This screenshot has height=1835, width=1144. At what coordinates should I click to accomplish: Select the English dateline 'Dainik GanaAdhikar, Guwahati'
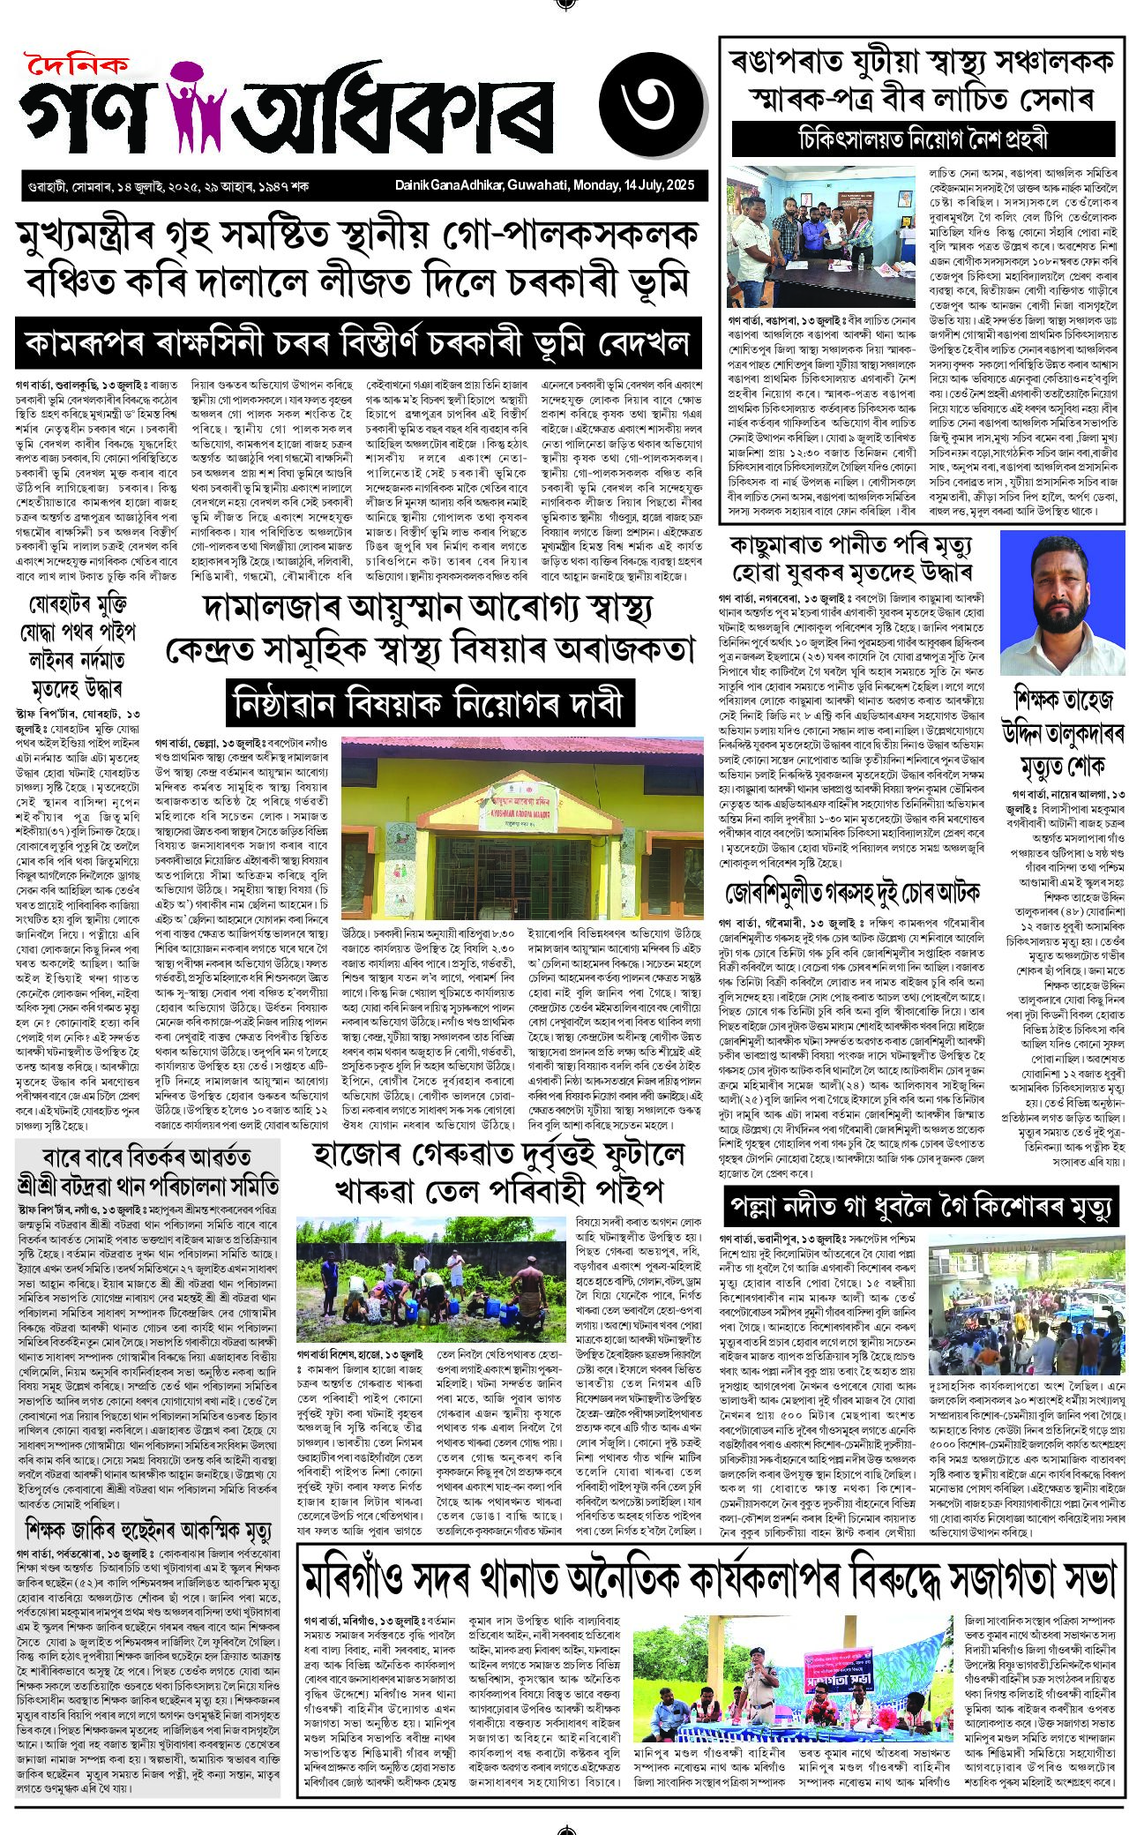(x=544, y=185)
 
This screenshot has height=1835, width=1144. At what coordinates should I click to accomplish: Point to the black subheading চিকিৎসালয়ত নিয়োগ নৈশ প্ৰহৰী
(x=923, y=139)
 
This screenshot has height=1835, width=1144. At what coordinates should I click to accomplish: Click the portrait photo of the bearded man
(x=1062, y=603)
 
